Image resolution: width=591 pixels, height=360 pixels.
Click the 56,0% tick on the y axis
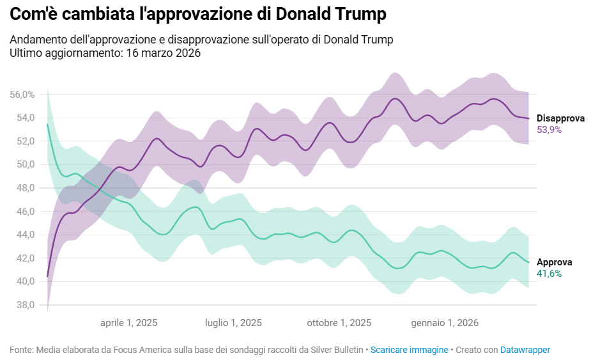click(22, 95)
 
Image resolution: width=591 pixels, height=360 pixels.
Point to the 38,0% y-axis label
click(22, 305)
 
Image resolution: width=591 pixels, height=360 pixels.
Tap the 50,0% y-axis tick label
click(22, 164)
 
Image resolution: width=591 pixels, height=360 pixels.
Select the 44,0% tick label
click(22, 235)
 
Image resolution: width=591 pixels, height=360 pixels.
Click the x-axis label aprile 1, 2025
click(128, 323)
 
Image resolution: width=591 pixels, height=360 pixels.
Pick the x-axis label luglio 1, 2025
click(233, 323)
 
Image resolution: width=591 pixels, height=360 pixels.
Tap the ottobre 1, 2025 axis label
click(339, 323)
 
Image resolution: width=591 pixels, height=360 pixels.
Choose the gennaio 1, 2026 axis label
click(445, 323)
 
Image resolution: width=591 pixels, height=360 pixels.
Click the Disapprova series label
click(560, 118)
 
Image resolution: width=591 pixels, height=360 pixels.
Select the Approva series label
click(554, 262)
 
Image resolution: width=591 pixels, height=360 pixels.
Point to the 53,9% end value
click(549, 130)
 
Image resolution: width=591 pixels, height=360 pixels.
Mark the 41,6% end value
click(549, 274)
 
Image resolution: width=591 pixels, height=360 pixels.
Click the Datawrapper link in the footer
click(525, 350)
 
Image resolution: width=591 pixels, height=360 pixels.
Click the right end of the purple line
click(528, 118)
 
